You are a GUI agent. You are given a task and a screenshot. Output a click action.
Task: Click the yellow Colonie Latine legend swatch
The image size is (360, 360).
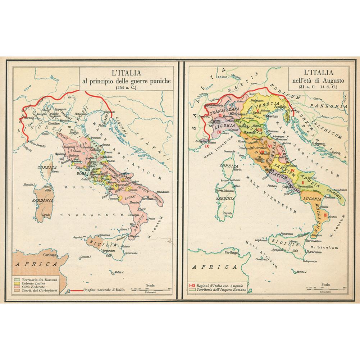point(17,283)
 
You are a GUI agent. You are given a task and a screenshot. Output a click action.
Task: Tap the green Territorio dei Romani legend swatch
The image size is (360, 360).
point(17,279)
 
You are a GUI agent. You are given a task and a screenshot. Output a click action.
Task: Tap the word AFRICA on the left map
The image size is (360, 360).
point(36,264)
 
